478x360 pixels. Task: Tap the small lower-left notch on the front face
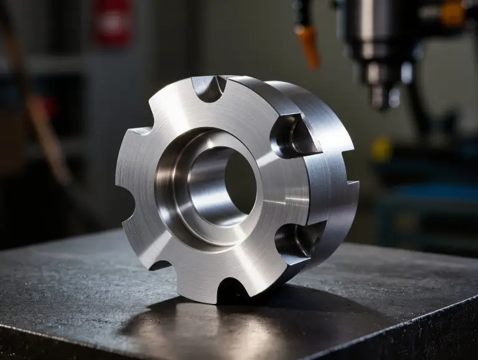pyautogui.click(x=159, y=265)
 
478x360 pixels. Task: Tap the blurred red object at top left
pyautogui.click(x=114, y=22)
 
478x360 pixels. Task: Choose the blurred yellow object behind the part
pyautogui.click(x=381, y=149)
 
